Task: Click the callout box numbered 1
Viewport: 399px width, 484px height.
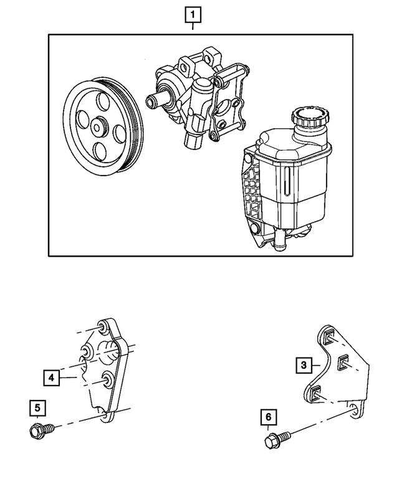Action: (193, 13)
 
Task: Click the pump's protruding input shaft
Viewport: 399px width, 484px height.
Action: (154, 99)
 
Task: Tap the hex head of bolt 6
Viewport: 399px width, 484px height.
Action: (270, 443)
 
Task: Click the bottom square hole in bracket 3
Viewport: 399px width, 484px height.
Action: (317, 391)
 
